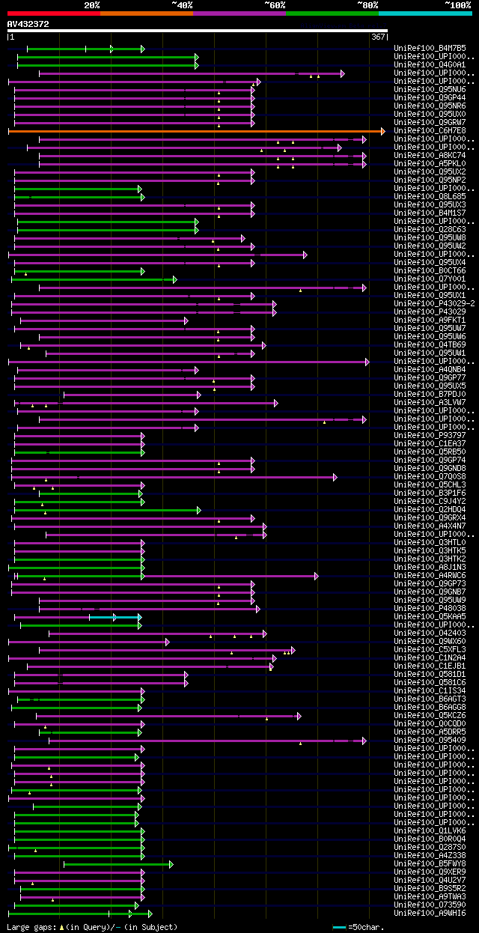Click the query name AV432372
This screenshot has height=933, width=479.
(28, 24)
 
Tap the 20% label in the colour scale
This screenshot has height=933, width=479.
(92, 4)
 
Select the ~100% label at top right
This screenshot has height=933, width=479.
(457, 4)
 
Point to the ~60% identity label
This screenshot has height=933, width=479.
(275, 4)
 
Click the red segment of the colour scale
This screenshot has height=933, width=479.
(53, 13)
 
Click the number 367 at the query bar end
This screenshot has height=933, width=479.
(377, 37)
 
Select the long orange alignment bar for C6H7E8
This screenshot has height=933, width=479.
(195, 131)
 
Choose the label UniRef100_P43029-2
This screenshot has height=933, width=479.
(433, 303)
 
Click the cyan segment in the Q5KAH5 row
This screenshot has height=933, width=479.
(127, 617)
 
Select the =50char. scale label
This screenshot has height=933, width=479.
(366, 927)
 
